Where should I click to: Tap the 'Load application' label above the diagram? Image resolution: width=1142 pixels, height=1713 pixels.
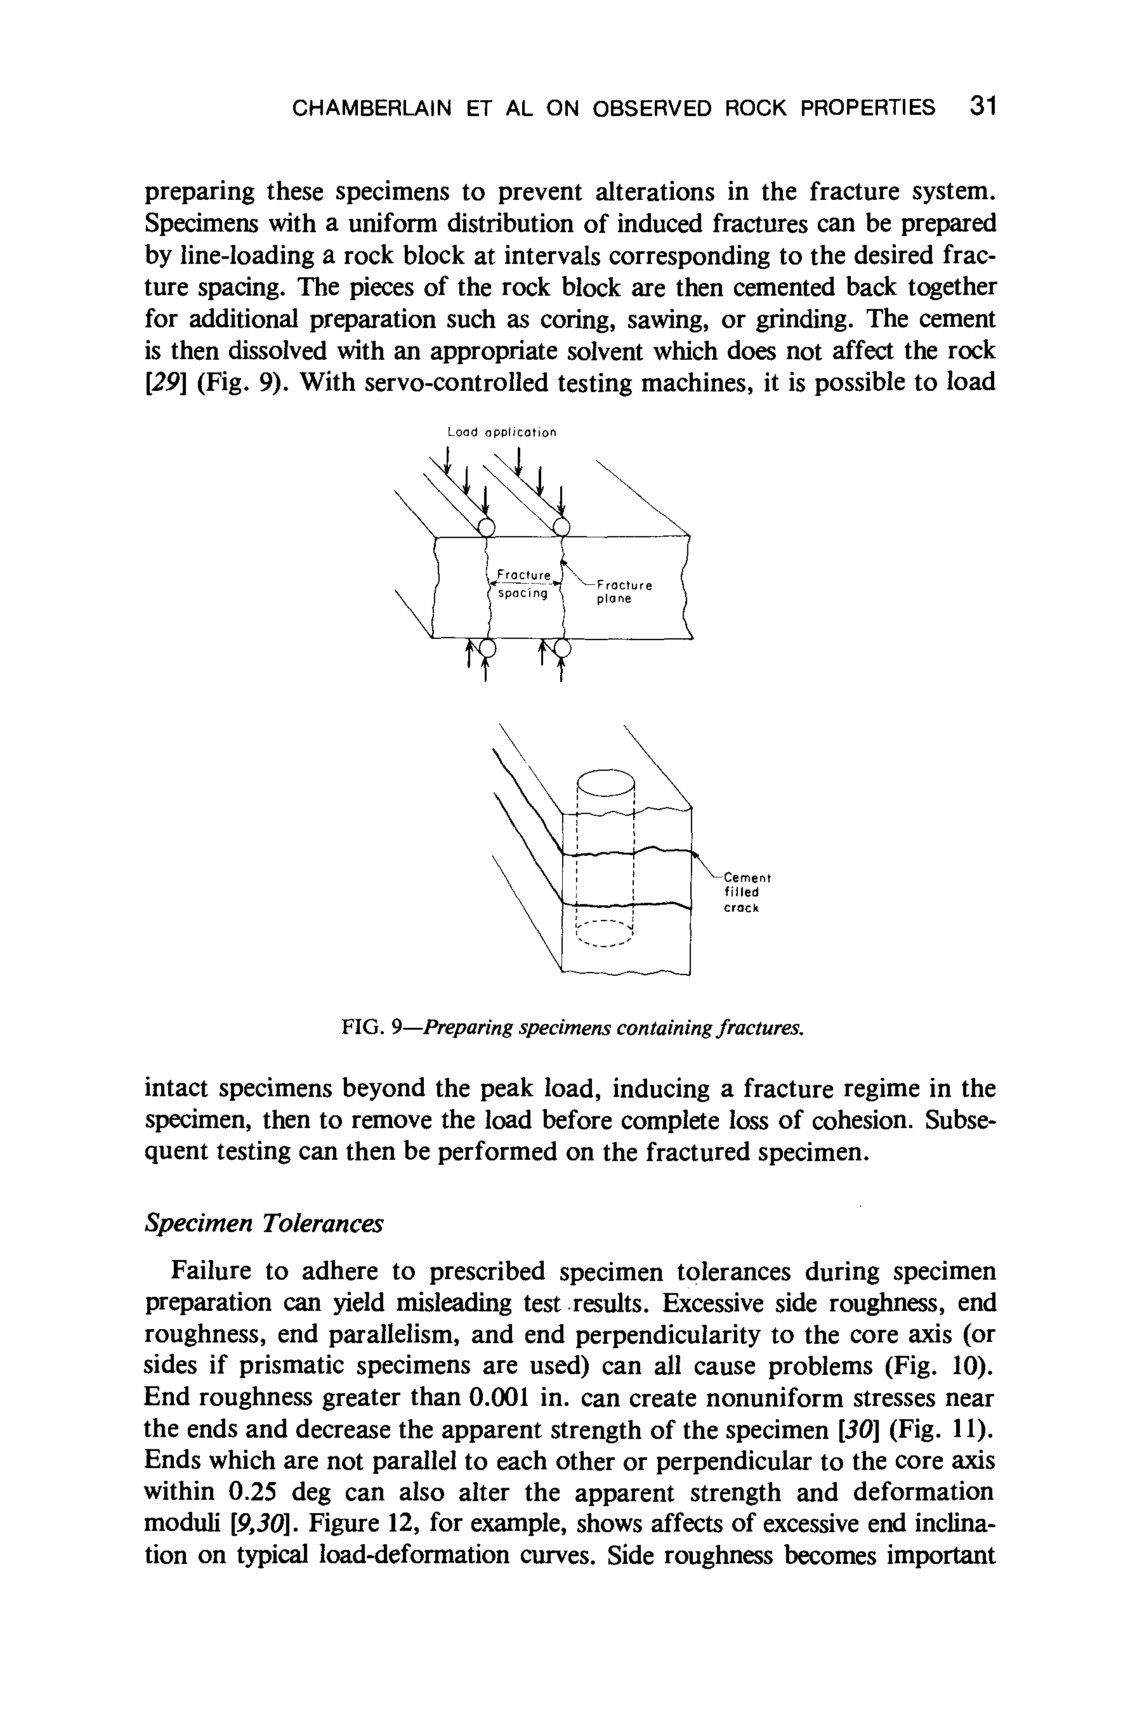coord(502,433)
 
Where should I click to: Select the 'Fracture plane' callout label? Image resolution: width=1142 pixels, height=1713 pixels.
coord(623,591)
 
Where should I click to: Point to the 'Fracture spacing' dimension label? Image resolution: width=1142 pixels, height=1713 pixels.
coord(521,585)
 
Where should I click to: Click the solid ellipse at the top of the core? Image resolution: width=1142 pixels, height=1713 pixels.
coord(605,782)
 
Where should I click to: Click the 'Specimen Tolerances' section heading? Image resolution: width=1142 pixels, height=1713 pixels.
coord(264,1224)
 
